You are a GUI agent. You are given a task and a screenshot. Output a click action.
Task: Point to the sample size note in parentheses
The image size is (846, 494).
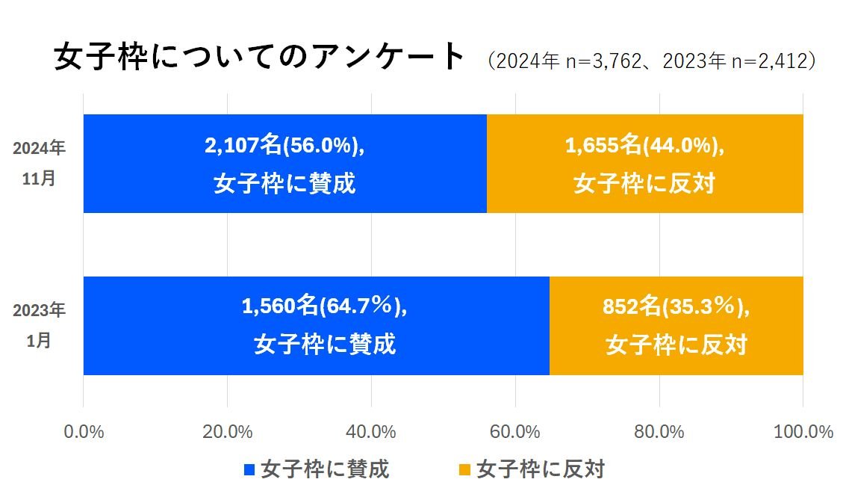click(x=649, y=61)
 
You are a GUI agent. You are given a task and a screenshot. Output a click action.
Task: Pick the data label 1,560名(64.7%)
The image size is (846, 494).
click(x=325, y=306)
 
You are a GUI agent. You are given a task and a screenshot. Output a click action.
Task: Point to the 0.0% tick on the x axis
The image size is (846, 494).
click(x=83, y=432)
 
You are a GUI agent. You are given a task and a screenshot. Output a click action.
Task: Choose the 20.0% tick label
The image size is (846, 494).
click(x=227, y=432)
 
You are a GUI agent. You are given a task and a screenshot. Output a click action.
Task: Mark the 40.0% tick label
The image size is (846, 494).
click(x=371, y=432)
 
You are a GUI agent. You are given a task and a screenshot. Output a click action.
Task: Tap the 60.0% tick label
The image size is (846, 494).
click(x=515, y=432)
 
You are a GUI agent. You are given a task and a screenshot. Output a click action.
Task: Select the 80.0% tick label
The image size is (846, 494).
click(x=659, y=432)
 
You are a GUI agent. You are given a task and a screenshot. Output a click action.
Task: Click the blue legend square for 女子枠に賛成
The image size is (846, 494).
click(x=249, y=470)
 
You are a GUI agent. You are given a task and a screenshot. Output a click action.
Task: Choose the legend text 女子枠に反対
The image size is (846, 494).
click(x=540, y=469)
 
